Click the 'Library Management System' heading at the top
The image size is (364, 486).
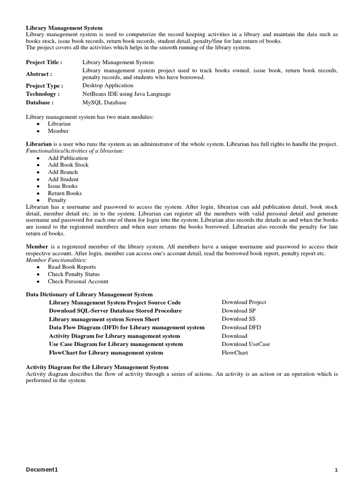[64, 28]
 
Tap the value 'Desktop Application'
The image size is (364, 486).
[108, 85]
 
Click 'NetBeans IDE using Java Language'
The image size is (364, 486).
[126, 94]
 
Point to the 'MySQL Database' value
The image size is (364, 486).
[104, 102]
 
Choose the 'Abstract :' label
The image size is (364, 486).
[38, 74]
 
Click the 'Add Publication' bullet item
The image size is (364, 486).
[67, 158]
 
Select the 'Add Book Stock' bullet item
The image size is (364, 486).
[68, 165]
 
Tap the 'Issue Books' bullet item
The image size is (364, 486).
[63, 186]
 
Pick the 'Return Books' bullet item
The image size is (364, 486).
[64, 193]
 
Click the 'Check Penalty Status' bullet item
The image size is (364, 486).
[74, 274]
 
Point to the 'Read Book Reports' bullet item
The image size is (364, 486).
[72, 267]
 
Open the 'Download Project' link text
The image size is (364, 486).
[244, 302]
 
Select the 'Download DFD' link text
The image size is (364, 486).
[241, 327]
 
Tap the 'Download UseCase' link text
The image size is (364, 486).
[246, 344]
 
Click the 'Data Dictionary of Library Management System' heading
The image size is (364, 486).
[89, 295]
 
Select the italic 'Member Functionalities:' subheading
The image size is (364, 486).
[56, 260]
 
